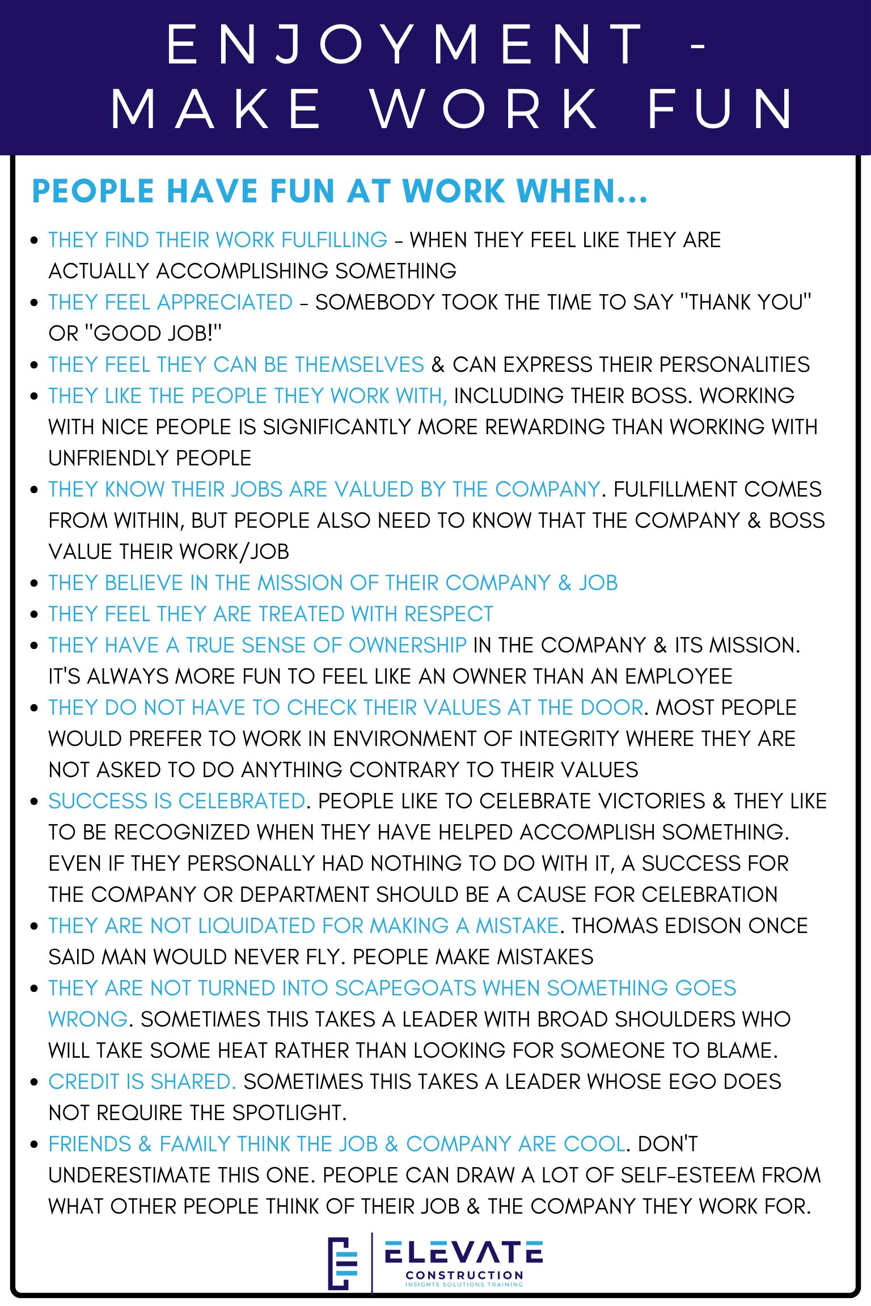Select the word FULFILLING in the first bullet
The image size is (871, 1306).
point(334,240)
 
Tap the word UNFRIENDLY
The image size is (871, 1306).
point(108,458)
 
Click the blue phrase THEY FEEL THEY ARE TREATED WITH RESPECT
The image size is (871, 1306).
point(270,614)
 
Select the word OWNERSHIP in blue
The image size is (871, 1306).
point(407,645)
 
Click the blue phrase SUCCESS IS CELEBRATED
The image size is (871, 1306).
point(176,801)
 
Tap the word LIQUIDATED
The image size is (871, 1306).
point(256,926)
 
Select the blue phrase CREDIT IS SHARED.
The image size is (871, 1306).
point(142,1082)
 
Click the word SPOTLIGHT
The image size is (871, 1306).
point(289,1113)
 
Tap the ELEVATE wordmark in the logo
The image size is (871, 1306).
point(463,1253)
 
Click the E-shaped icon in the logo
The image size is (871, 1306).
point(343,1263)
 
